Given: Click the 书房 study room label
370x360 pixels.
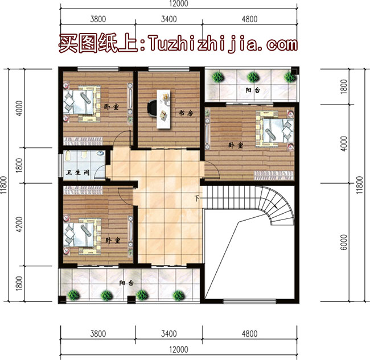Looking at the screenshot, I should pos(186,114).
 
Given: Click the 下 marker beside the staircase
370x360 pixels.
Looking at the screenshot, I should pos(197,198).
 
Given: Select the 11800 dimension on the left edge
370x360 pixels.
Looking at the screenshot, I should pos(5,184).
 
